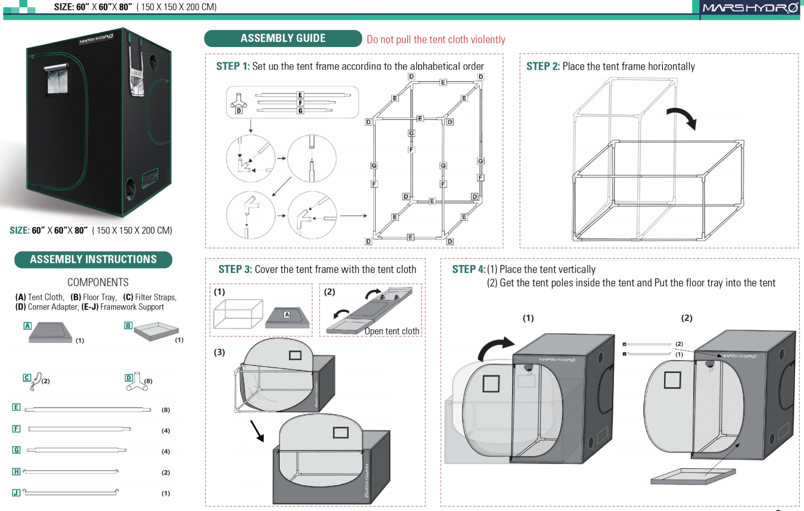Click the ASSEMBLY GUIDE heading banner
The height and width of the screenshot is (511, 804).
click(x=283, y=38)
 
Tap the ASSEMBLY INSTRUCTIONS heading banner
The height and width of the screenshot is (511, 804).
click(x=93, y=259)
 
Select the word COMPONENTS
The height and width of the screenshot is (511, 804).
click(x=98, y=282)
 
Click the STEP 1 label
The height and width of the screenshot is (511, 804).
click(x=233, y=66)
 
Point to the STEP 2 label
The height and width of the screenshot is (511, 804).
click(x=543, y=66)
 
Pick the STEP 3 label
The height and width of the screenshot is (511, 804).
click(x=235, y=269)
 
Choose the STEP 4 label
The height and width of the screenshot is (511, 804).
click(x=469, y=269)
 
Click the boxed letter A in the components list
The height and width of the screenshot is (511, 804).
click(x=27, y=325)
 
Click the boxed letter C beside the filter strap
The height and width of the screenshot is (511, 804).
click(x=27, y=378)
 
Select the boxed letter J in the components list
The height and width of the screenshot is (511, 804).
click(x=16, y=493)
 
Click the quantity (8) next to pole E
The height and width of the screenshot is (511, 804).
click(x=166, y=410)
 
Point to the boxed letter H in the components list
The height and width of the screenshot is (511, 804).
click(x=16, y=471)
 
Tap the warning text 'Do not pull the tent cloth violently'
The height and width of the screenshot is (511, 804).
click(x=436, y=40)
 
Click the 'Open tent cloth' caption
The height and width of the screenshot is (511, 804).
click(x=392, y=331)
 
